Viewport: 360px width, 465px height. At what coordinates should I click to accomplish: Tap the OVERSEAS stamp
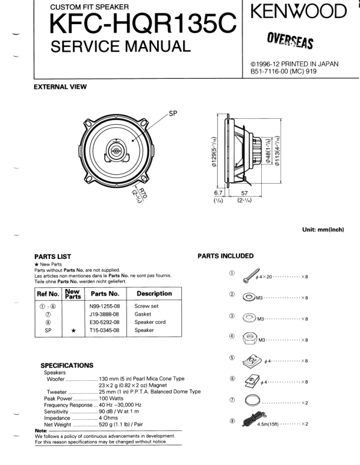(290, 39)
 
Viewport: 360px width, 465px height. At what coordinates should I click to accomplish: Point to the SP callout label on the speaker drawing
(173, 114)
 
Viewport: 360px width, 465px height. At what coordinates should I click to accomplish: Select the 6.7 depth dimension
(218, 192)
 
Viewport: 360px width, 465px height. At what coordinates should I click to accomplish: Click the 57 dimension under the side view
(244, 192)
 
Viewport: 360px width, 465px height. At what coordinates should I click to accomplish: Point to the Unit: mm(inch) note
(322, 230)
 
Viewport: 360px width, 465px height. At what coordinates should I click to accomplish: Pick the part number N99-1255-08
(105, 307)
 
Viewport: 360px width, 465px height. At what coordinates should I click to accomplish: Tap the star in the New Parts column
(73, 331)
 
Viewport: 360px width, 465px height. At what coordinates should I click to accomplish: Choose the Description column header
(154, 293)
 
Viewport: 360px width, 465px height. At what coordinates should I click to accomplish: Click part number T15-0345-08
(105, 331)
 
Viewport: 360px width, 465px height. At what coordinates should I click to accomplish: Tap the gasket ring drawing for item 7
(252, 402)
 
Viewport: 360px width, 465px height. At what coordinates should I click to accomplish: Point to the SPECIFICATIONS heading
(66, 365)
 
